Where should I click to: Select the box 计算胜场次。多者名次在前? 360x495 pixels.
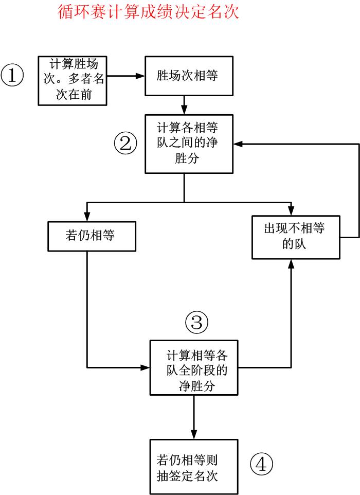click(73, 80)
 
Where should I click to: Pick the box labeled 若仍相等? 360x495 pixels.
click(92, 236)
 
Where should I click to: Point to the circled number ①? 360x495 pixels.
click(12, 76)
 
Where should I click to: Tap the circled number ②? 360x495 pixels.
click(125, 144)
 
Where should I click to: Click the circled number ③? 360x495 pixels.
click(196, 323)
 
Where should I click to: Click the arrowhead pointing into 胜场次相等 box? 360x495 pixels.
click(141, 76)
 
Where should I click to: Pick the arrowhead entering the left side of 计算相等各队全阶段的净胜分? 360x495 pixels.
click(146, 367)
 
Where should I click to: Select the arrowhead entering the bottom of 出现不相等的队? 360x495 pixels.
click(291, 262)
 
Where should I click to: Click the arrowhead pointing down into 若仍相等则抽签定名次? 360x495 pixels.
click(194, 435)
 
